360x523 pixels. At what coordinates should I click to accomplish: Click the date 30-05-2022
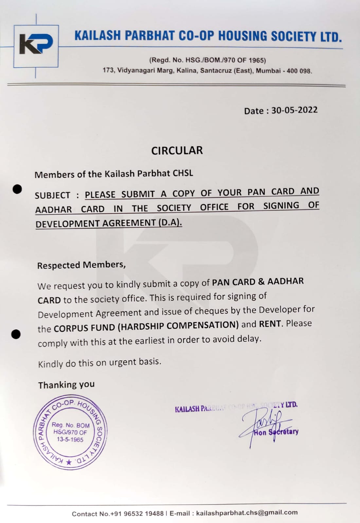pos(294,110)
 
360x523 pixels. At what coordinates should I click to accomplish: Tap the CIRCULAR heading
pos(177,150)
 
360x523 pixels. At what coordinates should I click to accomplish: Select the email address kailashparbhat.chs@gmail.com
pos(247,513)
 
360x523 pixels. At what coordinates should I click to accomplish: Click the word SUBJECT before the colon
pos(52,195)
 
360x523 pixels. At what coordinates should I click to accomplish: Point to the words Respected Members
pos(81,265)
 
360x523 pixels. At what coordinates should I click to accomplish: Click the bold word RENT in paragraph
pos(270,324)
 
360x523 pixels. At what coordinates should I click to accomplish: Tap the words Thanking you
pos(66,385)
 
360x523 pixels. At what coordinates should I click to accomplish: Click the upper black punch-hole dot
pos(17,189)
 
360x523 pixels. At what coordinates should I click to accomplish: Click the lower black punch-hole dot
pos(16,334)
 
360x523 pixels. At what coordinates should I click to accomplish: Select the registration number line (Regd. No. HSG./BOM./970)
pos(207,60)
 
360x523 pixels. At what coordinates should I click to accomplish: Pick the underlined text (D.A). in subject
pos(170,223)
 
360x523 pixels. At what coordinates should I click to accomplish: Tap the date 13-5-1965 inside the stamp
pos(70,440)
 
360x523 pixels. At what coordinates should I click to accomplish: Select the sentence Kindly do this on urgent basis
pos(99,363)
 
